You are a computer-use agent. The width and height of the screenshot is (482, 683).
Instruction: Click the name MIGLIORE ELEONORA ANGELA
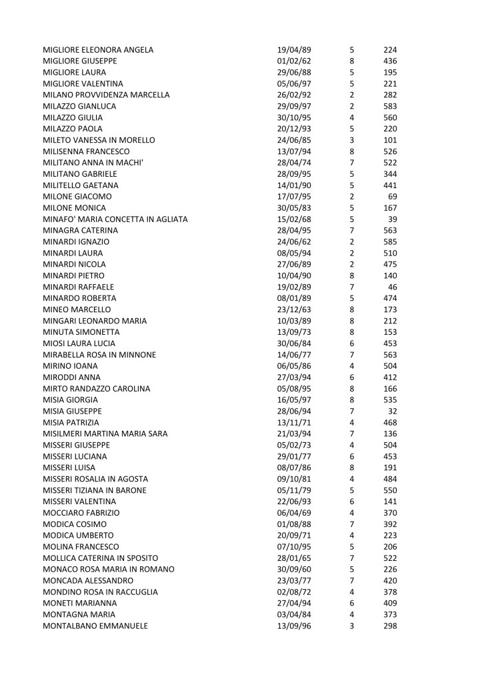pos(98,50)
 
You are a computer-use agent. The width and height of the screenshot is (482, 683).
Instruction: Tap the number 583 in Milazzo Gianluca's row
pos(390,106)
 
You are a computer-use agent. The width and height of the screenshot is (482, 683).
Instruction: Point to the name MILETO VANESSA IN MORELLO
pos(99,140)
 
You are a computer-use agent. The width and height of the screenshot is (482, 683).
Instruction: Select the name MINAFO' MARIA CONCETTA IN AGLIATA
pos(115,219)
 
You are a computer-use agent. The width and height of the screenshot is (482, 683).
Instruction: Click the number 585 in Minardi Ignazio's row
pos(390,241)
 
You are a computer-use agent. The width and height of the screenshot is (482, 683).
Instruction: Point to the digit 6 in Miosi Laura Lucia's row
pos(351,343)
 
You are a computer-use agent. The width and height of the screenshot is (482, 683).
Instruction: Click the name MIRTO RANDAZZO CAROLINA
pos(96,388)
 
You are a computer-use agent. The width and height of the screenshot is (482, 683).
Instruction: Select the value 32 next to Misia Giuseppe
pos(393,411)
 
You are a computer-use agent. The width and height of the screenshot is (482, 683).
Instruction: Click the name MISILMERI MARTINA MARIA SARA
pos(105,434)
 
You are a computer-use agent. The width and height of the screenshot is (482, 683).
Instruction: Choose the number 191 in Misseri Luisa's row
pos(390,468)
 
